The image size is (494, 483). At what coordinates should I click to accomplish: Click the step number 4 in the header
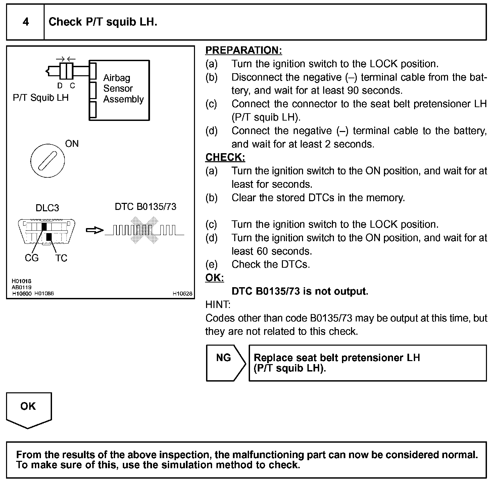(26, 22)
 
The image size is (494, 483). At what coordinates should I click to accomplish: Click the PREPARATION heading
(244, 50)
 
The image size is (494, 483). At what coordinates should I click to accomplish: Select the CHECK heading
(225, 157)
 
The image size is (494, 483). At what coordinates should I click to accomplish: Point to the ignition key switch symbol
(47, 161)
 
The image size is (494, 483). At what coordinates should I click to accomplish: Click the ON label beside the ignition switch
(72, 144)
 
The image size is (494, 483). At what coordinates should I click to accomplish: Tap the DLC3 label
(47, 208)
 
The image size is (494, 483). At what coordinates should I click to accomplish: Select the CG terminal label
(32, 258)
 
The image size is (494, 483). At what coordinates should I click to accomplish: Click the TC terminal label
(61, 258)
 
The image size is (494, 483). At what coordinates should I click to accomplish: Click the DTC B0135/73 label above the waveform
(145, 207)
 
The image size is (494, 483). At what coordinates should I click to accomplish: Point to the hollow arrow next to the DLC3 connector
(95, 230)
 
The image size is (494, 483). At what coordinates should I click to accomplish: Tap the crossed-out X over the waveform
(145, 230)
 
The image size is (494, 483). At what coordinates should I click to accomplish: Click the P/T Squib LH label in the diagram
(41, 98)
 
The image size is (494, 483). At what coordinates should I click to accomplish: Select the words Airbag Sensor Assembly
(123, 89)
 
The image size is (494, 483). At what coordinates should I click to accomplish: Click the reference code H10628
(183, 294)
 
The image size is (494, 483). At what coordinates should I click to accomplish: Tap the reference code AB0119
(21, 287)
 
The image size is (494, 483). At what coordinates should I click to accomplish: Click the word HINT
(218, 305)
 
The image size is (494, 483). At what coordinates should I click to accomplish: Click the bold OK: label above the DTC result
(214, 278)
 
